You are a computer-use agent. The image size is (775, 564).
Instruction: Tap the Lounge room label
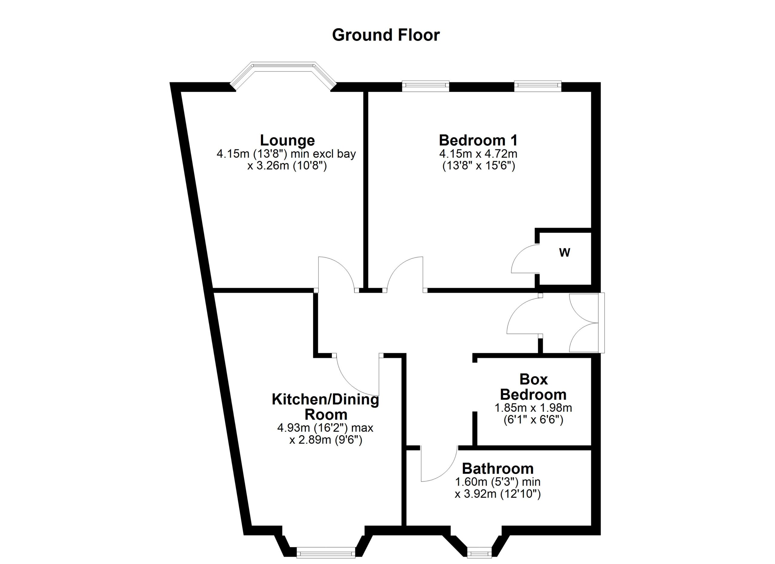coord(287,140)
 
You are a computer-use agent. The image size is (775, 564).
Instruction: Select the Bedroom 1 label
coord(478,140)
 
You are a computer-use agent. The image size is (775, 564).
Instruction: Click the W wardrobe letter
coord(565,253)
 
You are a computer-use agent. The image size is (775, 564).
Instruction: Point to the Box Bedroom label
coord(533,387)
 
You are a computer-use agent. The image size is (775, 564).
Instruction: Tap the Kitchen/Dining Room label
coord(325,407)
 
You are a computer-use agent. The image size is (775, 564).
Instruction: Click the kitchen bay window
coord(326,552)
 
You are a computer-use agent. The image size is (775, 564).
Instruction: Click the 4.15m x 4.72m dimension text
coord(478,154)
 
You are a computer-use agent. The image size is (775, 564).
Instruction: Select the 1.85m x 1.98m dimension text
coord(533,408)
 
